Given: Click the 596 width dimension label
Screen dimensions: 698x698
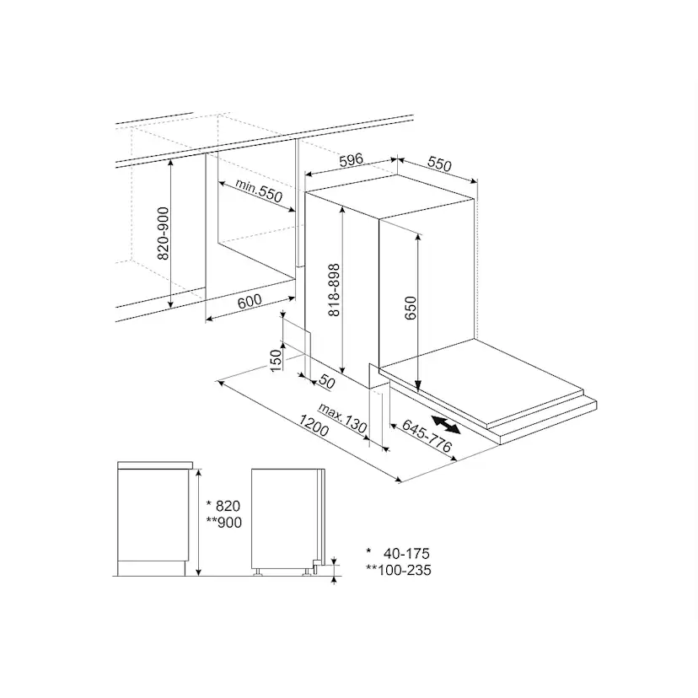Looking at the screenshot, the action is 352,160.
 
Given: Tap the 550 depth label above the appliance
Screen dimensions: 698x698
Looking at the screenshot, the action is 439,164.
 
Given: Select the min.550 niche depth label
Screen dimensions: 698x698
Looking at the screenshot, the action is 259,191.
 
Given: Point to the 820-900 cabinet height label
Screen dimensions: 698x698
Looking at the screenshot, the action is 164,234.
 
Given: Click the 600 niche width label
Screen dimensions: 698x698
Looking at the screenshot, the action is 250,301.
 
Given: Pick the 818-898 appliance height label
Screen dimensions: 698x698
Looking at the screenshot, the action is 334,290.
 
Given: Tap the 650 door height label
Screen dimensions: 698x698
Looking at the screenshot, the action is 411,308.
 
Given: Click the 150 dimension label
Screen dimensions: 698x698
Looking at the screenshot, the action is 276,360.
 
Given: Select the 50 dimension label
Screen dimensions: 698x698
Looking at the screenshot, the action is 327,382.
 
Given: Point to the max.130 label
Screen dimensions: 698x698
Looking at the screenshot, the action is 342,418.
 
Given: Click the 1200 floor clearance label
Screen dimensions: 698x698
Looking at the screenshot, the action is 314,426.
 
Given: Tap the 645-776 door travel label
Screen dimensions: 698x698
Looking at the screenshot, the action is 427,436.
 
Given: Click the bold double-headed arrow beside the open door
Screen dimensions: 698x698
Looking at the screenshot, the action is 446,424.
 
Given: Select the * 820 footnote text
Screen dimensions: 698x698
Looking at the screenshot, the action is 223,506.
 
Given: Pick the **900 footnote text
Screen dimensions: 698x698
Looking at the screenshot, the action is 224,522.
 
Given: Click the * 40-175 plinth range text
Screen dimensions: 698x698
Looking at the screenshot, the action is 398,553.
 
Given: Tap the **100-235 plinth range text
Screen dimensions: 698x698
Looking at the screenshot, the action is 399,570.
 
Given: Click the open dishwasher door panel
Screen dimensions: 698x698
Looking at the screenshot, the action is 481,379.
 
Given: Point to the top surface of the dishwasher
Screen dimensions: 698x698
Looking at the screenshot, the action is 391,196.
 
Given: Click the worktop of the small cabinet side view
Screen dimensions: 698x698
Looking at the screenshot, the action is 155,465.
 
